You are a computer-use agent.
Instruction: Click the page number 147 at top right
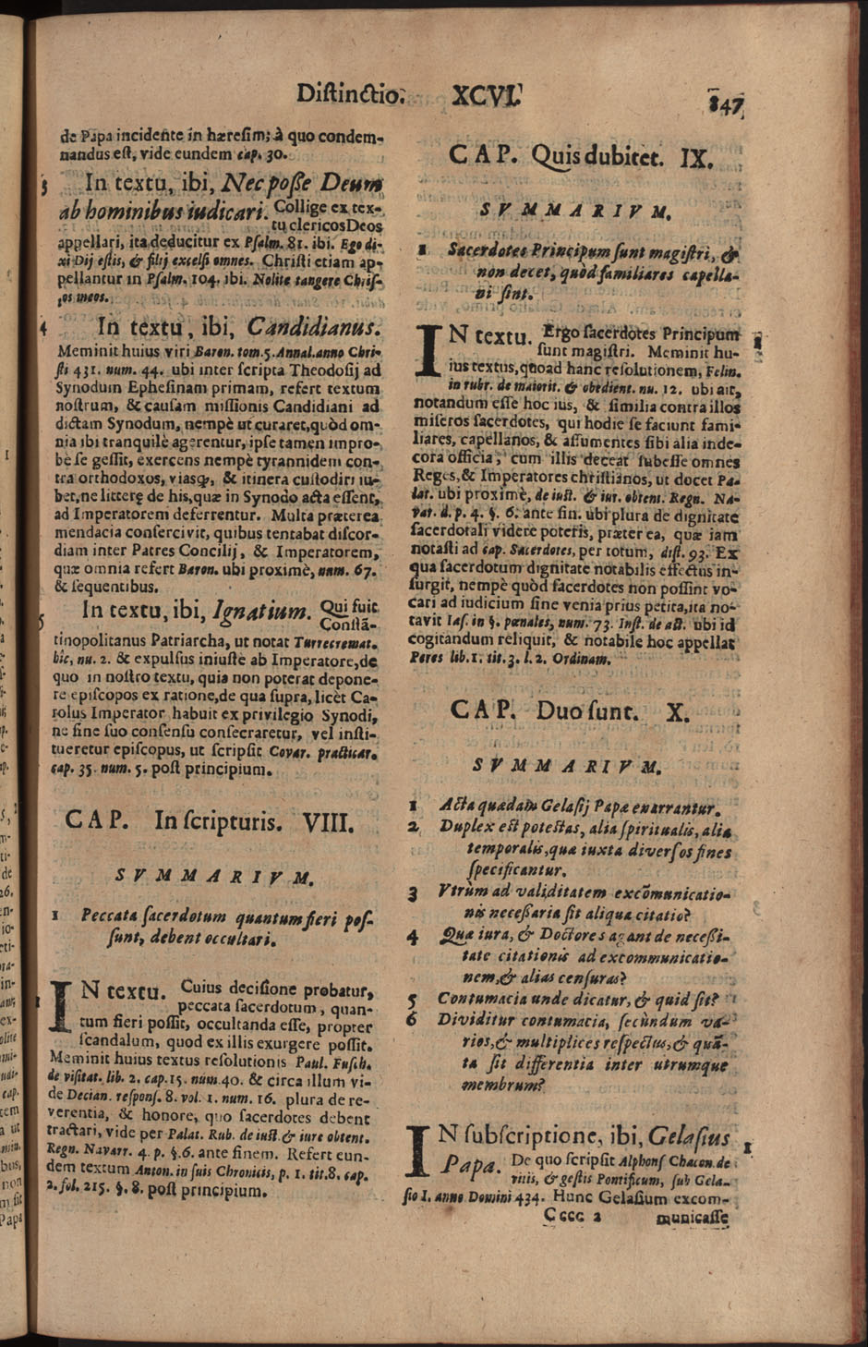(x=726, y=100)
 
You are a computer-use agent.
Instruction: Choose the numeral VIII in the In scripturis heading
(x=328, y=820)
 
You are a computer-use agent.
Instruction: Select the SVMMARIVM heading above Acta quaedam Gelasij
(x=566, y=766)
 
